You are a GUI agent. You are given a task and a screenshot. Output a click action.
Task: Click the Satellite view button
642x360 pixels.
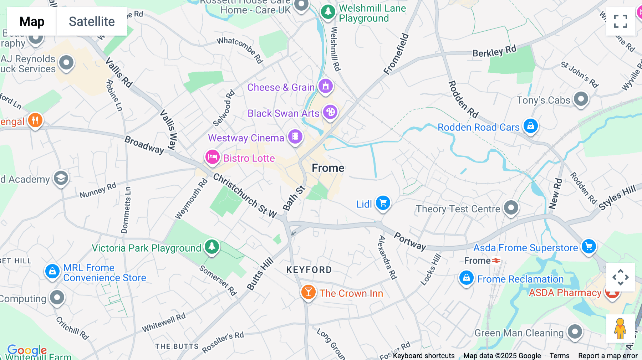tap(92, 21)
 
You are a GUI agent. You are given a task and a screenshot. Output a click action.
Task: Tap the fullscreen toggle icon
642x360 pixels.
tap(620, 21)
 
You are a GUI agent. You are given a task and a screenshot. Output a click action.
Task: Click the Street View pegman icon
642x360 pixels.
tap(620, 329)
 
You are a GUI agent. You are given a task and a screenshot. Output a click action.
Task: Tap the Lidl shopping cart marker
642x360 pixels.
tap(383, 203)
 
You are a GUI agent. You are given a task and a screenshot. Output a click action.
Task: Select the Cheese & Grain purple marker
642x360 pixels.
tap(325, 86)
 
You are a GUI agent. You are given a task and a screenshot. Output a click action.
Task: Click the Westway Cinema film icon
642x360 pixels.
tap(295, 137)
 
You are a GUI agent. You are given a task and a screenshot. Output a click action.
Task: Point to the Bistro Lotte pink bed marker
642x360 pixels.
tap(212, 157)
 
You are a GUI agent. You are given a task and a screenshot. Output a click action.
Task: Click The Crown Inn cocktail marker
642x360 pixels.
tap(309, 292)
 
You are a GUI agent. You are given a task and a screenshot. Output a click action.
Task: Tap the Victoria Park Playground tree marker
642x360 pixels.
tap(212, 246)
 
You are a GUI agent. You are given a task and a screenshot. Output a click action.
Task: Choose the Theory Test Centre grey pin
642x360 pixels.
tap(511, 207)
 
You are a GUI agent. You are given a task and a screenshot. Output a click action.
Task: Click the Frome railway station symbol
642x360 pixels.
tap(496, 261)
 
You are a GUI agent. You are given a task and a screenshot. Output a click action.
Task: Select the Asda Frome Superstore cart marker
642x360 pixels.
tap(588, 246)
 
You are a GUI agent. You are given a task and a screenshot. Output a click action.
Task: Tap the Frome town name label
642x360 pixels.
tap(328, 168)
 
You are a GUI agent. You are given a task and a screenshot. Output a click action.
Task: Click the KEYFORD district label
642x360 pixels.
tap(309, 270)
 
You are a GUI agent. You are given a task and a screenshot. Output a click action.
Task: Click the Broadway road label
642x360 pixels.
tap(144, 145)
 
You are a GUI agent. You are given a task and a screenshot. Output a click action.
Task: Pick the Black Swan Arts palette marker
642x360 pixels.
tap(330, 112)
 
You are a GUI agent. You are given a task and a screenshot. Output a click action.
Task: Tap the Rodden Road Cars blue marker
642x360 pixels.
tap(530, 126)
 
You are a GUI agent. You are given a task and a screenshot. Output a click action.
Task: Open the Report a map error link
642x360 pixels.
tap(608, 356)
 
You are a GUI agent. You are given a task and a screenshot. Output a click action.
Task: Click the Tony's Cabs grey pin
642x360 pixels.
tap(581, 99)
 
